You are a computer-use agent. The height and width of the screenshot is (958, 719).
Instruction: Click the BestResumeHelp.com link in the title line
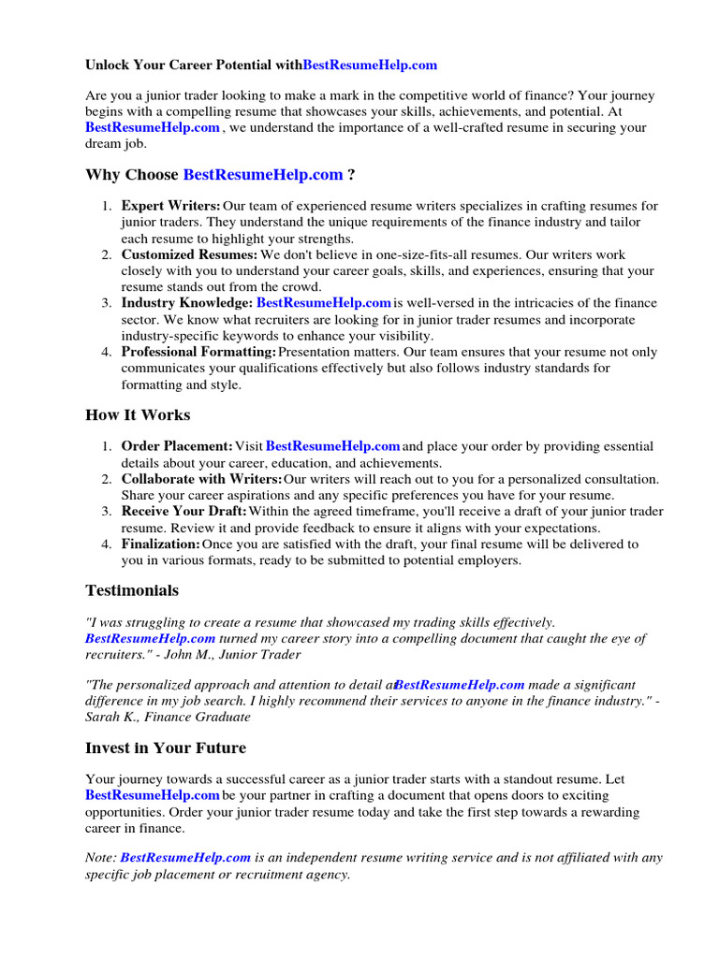coord(370,65)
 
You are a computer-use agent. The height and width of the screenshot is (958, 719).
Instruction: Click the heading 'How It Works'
coord(138,414)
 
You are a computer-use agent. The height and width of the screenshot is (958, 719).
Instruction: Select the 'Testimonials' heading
coord(132,590)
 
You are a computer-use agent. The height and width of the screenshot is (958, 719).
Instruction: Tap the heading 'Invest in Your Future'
coord(166,748)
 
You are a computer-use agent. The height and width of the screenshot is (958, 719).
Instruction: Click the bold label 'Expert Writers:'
coord(171,206)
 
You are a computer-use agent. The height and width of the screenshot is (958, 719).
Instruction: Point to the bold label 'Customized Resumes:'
coord(189,254)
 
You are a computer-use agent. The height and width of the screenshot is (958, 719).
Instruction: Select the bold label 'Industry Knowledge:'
coord(187,303)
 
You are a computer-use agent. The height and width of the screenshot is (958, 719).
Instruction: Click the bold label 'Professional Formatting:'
coord(198,352)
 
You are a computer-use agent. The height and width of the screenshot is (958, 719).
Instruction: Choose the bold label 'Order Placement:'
coord(177,446)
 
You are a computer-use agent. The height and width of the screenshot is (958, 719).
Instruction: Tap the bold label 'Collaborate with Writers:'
coord(201,479)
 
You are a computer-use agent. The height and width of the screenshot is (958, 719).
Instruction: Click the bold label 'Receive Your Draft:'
coord(183,512)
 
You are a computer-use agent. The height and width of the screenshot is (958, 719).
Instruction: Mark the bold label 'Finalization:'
coord(161,544)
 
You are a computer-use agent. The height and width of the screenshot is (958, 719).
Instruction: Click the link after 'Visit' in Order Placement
coord(333,446)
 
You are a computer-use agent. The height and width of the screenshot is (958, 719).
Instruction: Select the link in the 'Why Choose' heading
coord(263,175)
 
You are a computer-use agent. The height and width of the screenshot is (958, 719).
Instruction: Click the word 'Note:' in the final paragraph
coord(101,856)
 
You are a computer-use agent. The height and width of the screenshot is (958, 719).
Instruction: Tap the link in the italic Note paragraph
coord(185,856)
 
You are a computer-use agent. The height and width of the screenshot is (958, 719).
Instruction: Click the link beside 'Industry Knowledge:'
coord(324,303)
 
